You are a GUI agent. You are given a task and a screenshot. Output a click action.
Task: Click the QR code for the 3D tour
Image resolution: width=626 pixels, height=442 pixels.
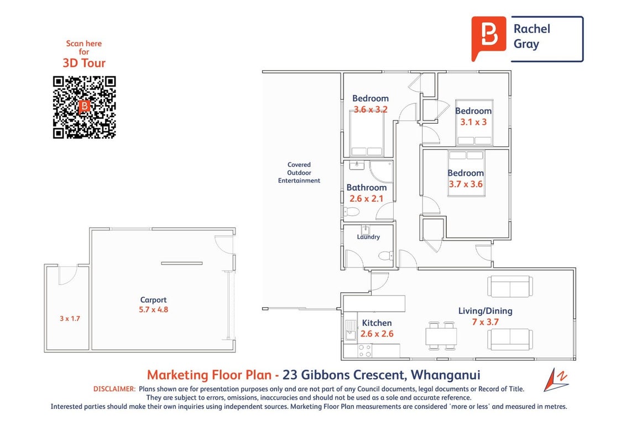[x=84, y=107]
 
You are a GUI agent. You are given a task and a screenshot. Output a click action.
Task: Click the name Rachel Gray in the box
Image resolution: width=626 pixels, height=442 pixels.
[x=531, y=36]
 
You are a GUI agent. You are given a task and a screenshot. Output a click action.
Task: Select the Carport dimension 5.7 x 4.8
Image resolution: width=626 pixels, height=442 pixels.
[x=153, y=309]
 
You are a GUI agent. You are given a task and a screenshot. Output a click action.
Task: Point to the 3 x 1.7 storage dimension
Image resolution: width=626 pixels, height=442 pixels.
[x=70, y=318]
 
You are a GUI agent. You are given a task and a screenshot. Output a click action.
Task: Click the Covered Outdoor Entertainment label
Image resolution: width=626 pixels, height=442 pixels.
[x=299, y=172]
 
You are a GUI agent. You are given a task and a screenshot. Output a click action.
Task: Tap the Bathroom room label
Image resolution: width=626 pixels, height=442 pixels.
[x=367, y=187]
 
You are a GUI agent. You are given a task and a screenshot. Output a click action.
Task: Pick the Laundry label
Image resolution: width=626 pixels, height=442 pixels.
[x=368, y=236]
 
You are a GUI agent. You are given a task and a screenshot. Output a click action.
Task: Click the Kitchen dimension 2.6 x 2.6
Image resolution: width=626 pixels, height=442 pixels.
[x=377, y=334]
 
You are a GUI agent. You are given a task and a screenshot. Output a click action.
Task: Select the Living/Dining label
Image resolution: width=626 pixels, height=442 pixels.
[x=485, y=311]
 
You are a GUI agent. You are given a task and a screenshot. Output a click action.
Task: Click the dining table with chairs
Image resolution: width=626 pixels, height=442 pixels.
[x=441, y=336]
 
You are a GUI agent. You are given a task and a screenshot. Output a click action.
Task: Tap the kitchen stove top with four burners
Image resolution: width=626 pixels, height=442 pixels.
[x=364, y=351]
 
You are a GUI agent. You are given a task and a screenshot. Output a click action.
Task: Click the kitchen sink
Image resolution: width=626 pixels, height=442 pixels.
[x=351, y=330]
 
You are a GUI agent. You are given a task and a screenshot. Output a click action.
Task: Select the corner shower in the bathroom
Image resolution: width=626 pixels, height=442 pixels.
[x=382, y=171]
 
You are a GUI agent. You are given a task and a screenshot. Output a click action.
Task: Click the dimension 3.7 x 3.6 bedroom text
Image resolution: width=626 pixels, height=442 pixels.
[x=466, y=185]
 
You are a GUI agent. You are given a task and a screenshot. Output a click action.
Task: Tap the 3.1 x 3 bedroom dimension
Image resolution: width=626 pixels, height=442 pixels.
[x=473, y=122]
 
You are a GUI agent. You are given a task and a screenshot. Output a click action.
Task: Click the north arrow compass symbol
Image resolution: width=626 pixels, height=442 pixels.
[x=556, y=380]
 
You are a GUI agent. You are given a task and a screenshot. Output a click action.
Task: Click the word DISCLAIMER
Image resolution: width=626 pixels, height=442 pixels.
[x=114, y=389]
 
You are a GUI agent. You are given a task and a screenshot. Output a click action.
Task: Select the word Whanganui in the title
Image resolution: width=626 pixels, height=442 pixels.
[x=446, y=375]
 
